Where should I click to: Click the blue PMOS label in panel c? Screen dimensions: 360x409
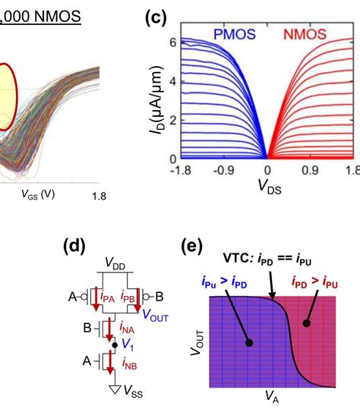pos(235,34)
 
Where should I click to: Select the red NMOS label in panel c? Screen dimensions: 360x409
pos(305,34)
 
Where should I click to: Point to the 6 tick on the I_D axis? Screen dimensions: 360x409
pos(173,42)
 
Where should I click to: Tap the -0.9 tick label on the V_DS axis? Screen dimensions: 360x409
pos(224,171)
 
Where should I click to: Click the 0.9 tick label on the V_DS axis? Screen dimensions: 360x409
pos(310,171)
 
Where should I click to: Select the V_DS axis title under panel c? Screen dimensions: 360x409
pos(270,187)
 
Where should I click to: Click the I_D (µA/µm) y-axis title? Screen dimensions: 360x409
pos(157,99)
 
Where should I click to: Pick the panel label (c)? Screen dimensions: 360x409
pos(156,17)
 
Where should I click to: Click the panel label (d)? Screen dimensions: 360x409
pos(74,246)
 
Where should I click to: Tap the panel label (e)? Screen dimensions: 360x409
pos(192,246)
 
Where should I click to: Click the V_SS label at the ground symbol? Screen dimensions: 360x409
pos(133,392)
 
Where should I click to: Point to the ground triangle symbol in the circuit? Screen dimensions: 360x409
pos(115,389)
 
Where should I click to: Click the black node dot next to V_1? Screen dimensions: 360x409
pos(115,345)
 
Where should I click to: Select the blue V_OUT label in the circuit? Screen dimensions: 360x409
pos(156,316)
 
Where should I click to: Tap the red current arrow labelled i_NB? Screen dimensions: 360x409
pos(110,362)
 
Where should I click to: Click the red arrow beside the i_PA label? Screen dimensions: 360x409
pos(96,299)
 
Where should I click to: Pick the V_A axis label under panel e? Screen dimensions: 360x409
pos(272,396)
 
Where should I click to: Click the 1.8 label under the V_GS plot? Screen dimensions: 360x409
pos(99,196)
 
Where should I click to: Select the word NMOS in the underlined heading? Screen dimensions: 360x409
pos(58,16)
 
